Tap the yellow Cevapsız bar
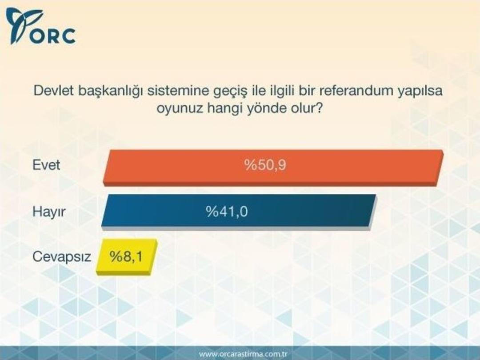pyautogui.click(x=127, y=256)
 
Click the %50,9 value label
pyautogui.click(x=265, y=166)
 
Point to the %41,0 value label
pyautogui.click(x=227, y=211)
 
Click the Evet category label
pyautogui.click(x=46, y=166)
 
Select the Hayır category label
pyautogui.click(x=49, y=212)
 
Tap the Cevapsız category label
pyautogui.click(x=61, y=257)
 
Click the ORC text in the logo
pyautogui.click(x=54, y=36)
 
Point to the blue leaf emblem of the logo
pyautogui.click(x=22, y=24)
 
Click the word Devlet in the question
pyautogui.click(x=54, y=91)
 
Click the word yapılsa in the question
pyautogui.click(x=422, y=92)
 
